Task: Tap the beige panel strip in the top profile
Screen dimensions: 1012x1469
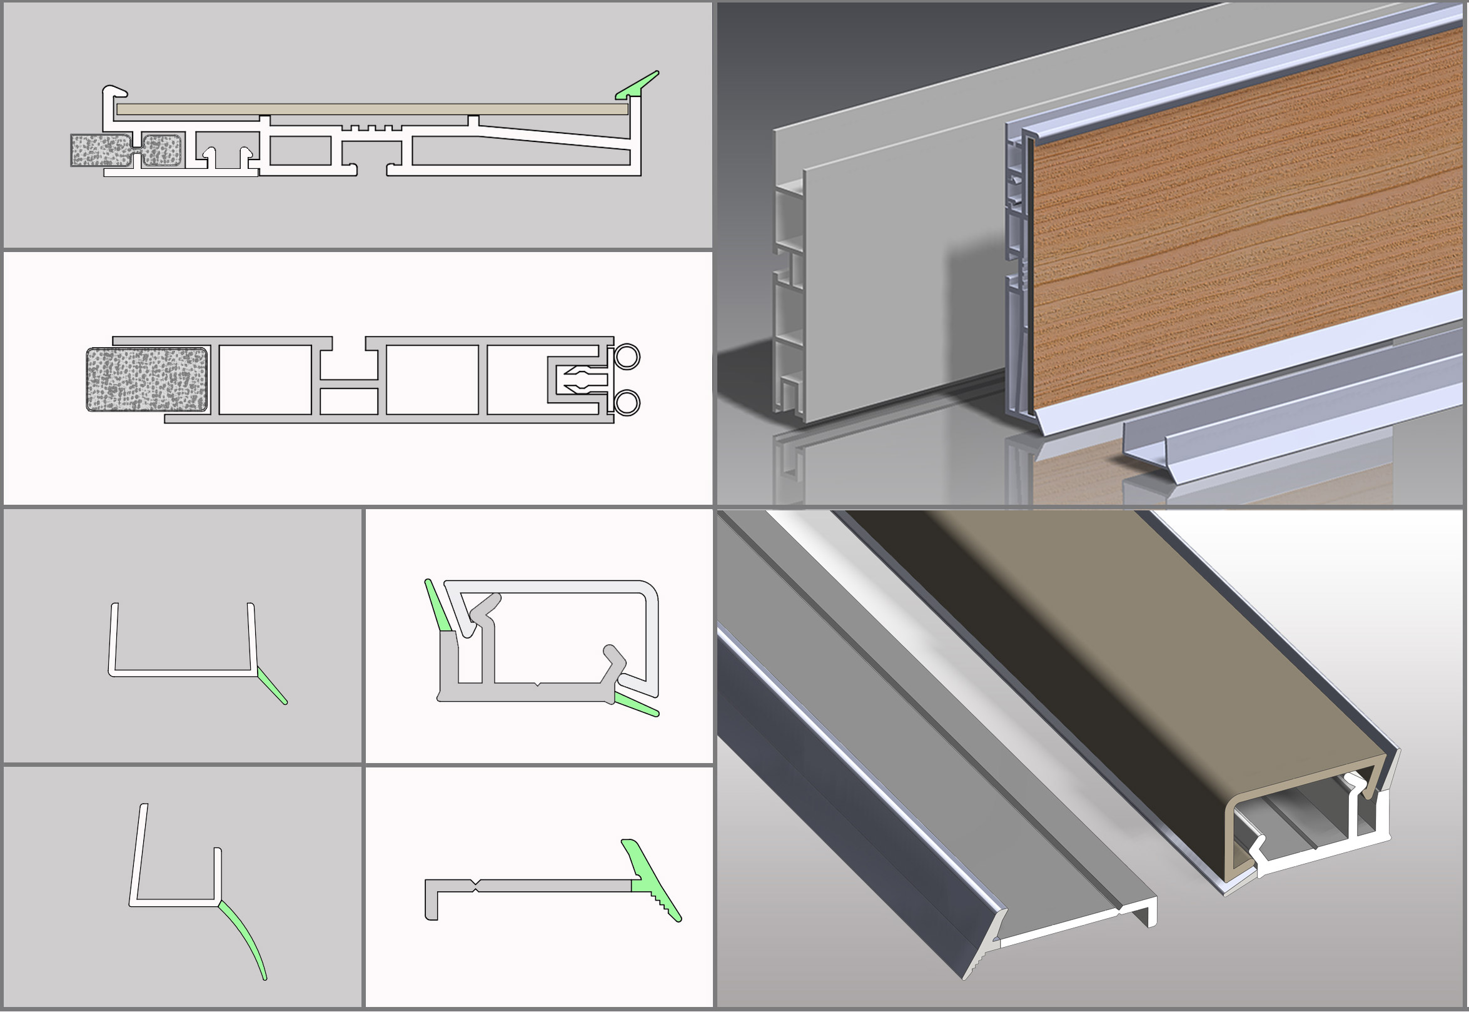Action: pyautogui.click(x=371, y=109)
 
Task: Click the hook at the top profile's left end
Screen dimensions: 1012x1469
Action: pyautogui.click(x=114, y=91)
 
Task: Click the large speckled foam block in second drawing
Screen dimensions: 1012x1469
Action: pyautogui.click(x=146, y=379)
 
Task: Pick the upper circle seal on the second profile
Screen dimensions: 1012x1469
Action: pyautogui.click(x=627, y=357)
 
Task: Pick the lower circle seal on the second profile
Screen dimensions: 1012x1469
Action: pyautogui.click(x=627, y=403)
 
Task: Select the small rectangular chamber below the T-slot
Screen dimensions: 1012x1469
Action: pyautogui.click(x=349, y=402)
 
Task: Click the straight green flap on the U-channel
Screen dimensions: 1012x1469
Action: pyautogui.click(x=273, y=689)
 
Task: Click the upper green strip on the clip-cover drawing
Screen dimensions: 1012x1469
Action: pyautogui.click(x=438, y=606)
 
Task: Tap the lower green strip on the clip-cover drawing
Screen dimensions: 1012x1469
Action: pyautogui.click(x=636, y=705)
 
